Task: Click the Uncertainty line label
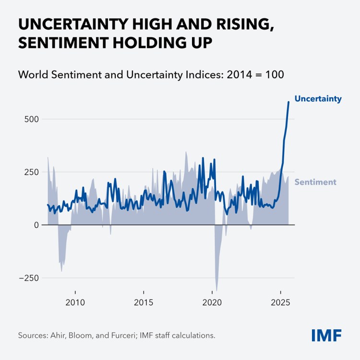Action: [x=318, y=99]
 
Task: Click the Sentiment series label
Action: [x=315, y=182]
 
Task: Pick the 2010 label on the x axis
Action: [x=75, y=302]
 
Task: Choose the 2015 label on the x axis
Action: [x=143, y=302]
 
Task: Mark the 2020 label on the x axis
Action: [x=212, y=302]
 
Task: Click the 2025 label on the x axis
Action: [x=280, y=302]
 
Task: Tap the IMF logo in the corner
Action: [x=326, y=335]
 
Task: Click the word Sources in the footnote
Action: [x=32, y=335]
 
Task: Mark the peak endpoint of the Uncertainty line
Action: [x=288, y=102]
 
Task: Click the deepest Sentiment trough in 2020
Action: [x=216, y=290]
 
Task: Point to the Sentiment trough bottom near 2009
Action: [x=61, y=271]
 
